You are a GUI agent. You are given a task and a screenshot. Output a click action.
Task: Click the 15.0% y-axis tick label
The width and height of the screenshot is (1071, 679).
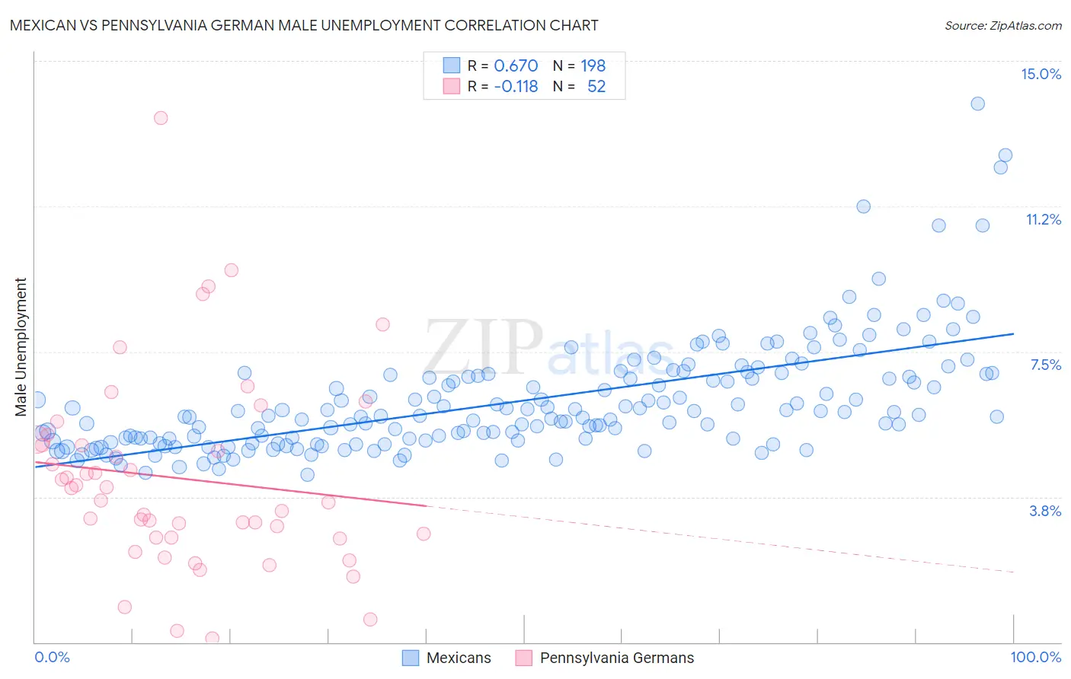1041,74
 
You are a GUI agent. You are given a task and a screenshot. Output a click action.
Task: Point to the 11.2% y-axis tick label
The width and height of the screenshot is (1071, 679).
1043,219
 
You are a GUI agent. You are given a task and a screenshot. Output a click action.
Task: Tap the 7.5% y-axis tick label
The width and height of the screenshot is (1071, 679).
1045,365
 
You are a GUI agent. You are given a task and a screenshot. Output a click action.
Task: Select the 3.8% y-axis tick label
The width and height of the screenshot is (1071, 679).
1045,511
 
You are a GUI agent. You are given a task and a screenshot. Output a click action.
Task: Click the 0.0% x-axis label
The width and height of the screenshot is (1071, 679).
52,657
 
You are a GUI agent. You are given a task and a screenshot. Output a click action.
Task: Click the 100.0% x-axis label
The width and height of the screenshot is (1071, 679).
1035,657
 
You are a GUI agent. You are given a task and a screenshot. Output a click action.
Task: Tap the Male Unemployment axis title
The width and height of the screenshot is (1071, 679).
21,347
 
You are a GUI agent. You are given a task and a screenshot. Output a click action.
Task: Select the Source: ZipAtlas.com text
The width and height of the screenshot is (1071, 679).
1002,25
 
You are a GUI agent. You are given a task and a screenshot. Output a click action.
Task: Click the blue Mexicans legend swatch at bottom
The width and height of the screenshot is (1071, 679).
411,658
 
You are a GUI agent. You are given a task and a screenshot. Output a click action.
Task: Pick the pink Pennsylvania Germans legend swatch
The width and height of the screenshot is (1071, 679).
524,658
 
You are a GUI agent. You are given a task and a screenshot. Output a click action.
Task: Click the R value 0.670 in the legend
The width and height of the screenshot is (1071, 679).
516,66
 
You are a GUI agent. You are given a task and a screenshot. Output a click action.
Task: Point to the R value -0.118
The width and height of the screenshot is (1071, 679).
516,87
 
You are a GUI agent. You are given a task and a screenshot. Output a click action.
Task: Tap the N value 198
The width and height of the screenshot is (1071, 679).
593,66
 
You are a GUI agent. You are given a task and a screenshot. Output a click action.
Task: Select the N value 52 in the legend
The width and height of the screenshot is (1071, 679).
596,87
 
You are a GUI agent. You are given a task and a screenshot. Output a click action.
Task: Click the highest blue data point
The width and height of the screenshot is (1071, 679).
977,104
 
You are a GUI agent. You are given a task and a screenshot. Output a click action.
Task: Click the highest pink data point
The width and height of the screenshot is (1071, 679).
161,118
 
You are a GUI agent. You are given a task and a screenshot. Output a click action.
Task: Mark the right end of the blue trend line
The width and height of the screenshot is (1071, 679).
1013,333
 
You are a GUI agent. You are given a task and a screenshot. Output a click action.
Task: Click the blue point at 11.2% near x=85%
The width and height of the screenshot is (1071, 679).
863,206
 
